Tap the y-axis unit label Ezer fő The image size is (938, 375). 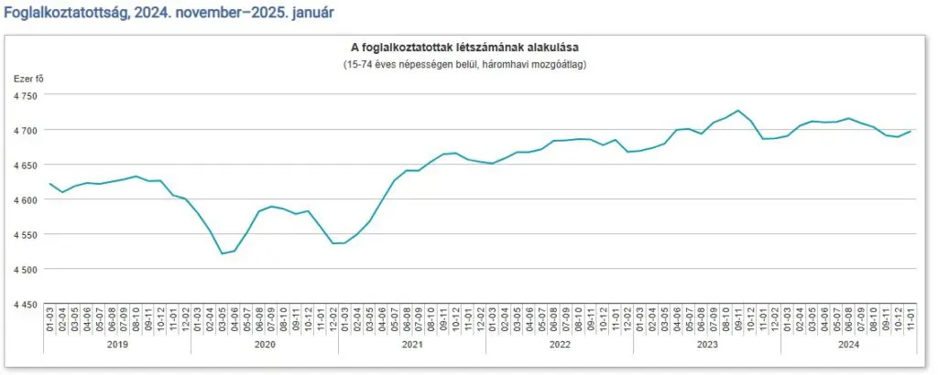[x=28, y=79]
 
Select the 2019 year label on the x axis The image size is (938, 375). [x=117, y=345]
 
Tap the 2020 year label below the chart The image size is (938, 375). [x=265, y=345]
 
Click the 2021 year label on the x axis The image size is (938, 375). [x=412, y=345]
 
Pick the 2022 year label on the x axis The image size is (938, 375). [x=560, y=345]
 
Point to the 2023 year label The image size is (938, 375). [x=707, y=345]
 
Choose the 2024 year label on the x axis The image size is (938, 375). [x=848, y=345]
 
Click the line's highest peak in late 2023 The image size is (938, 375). [x=738, y=111]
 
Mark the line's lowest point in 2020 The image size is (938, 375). [x=223, y=253]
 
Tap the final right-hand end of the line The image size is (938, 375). [x=911, y=131]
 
